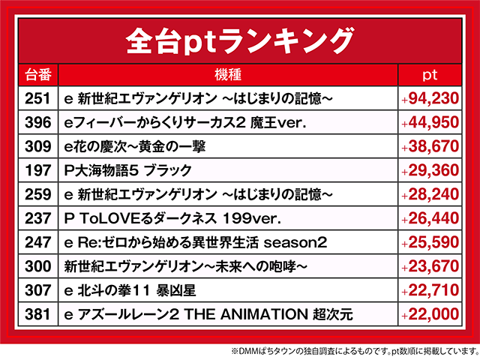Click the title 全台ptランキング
pyautogui.click(x=239, y=39)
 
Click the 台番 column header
pyautogui.click(x=37, y=75)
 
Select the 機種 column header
pyautogui.click(x=228, y=75)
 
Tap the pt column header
pyautogui.click(x=430, y=75)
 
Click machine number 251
pyautogui.click(x=37, y=98)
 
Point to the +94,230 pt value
pyautogui.click(x=430, y=98)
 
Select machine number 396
pyautogui.click(x=37, y=122)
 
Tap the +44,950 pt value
pyautogui.click(x=430, y=122)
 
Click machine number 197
pyautogui.click(x=37, y=170)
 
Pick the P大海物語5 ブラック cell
pyautogui.click(x=128, y=170)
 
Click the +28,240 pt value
pyautogui.click(x=430, y=194)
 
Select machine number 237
pyautogui.click(x=37, y=218)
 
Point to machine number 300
pyautogui.click(x=37, y=266)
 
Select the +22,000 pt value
pyautogui.click(x=430, y=314)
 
